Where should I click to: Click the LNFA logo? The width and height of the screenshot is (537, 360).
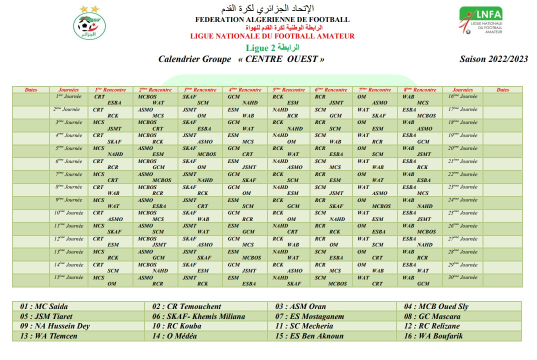click(x=481, y=21)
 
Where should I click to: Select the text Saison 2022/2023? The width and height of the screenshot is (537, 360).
click(x=493, y=59)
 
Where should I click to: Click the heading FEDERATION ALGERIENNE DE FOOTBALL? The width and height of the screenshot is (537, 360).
click(x=272, y=20)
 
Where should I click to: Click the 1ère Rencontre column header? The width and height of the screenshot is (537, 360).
click(x=110, y=90)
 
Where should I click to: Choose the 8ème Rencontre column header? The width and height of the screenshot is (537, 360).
click(x=420, y=90)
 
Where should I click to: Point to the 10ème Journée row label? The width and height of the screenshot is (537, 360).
click(x=68, y=213)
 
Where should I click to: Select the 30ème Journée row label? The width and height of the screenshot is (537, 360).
click(x=462, y=277)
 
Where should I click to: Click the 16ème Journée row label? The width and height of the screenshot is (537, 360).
click(x=462, y=96)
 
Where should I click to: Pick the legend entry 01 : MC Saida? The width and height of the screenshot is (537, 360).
click(x=44, y=306)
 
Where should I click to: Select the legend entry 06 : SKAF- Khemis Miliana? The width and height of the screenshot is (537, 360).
click(x=199, y=316)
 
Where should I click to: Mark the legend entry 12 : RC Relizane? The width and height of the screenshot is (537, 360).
click(x=432, y=326)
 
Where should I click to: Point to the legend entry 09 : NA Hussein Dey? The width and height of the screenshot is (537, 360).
click(x=55, y=326)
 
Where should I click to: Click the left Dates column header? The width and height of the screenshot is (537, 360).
click(x=31, y=90)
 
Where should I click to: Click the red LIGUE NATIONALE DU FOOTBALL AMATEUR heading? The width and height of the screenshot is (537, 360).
click(x=272, y=36)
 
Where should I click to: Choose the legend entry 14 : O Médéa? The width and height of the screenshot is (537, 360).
click(x=175, y=336)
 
